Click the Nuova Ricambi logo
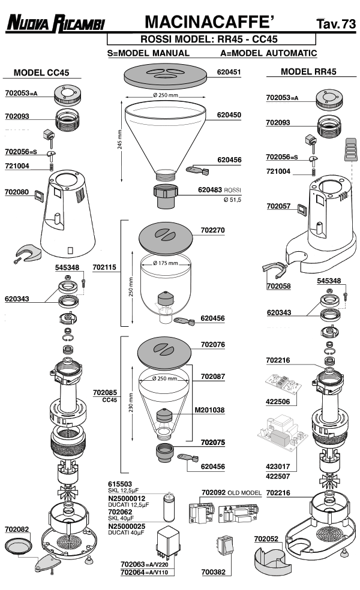pos(55,24)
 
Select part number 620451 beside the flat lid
pos(229,72)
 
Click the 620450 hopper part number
pos(229,115)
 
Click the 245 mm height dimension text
pos(120,142)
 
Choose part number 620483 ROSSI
pos(220,189)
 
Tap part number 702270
pos(212,230)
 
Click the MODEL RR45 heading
pos(308,71)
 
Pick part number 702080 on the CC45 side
pos(17,192)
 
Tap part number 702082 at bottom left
pos(17,529)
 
